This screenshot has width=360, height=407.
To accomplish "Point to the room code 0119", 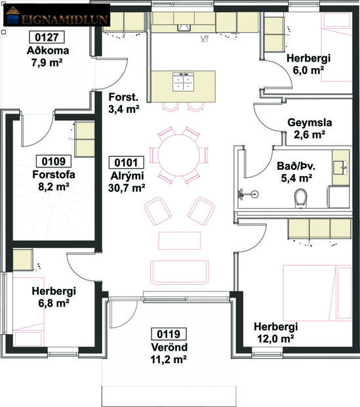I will click(x=169, y=333).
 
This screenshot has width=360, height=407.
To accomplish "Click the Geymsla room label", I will click(x=310, y=123).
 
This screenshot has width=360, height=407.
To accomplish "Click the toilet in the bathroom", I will click(x=302, y=197).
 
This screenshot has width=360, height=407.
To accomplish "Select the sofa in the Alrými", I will click(x=180, y=271).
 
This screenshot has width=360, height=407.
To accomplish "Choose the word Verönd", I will click(x=169, y=347).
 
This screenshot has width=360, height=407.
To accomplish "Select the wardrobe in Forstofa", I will click(x=84, y=139).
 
